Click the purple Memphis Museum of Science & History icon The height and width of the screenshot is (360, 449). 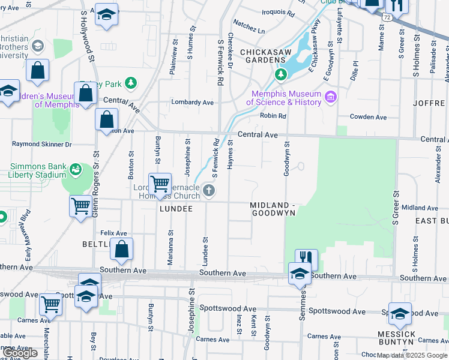click(330, 97)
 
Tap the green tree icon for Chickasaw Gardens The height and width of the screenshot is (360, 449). click(280, 74)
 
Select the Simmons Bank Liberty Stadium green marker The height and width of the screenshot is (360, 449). click(75, 170)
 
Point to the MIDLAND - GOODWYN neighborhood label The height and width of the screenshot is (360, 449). click(273, 209)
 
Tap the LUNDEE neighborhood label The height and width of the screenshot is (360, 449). click(176, 209)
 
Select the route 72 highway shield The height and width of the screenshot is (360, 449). click(388, 19)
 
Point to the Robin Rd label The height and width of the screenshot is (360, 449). click(273, 116)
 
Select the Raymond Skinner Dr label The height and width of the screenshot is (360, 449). click(42, 145)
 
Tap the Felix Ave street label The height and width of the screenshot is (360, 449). click(113, 233)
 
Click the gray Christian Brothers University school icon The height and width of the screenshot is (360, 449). click(38, 46)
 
